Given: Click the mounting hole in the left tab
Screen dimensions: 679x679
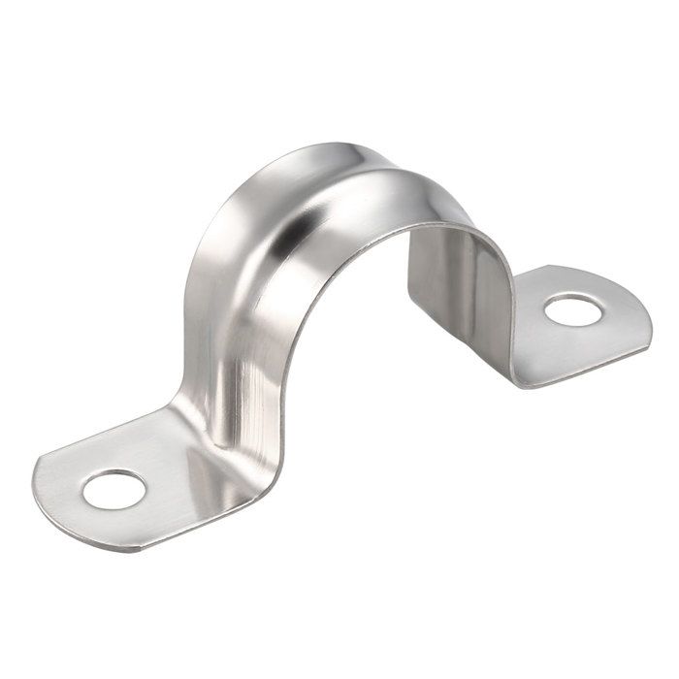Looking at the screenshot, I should (113, 489).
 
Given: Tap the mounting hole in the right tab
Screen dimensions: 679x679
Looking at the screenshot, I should (573, 310).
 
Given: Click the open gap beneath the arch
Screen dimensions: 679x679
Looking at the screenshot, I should (349, 369).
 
